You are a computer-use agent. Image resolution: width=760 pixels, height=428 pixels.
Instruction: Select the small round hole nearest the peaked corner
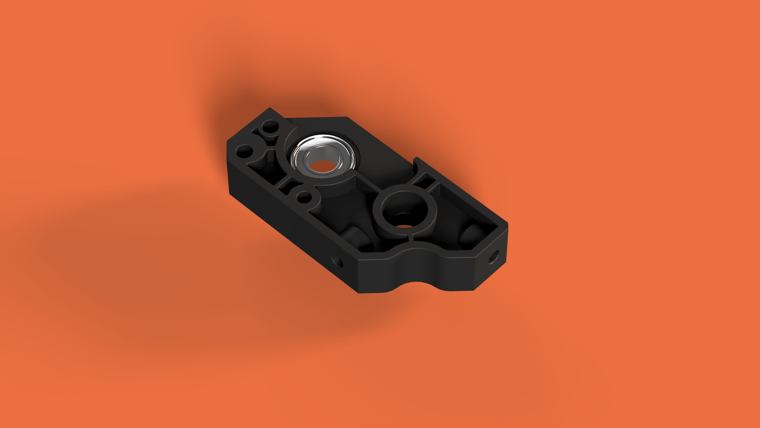[270, 126]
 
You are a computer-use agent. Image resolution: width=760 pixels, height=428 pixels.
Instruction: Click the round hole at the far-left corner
[244, 152]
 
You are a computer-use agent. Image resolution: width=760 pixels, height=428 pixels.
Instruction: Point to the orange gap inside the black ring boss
[404, 226]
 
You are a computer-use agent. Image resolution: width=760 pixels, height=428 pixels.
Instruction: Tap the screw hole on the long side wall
[337, 260]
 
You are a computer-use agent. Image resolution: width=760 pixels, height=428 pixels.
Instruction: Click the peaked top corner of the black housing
[270, 108]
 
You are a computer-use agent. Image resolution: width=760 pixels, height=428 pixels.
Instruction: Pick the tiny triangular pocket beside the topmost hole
[256, 132]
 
